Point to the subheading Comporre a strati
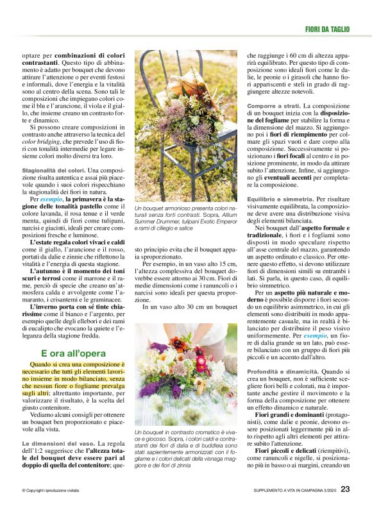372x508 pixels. (275, 105)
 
